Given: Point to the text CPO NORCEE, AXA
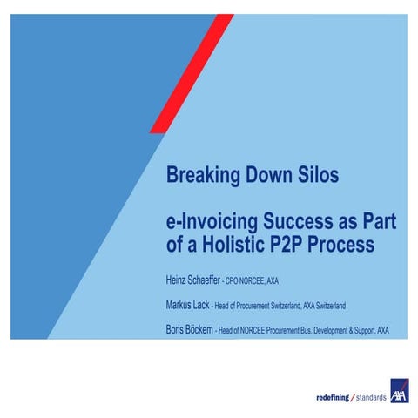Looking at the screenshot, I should point(253,281).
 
